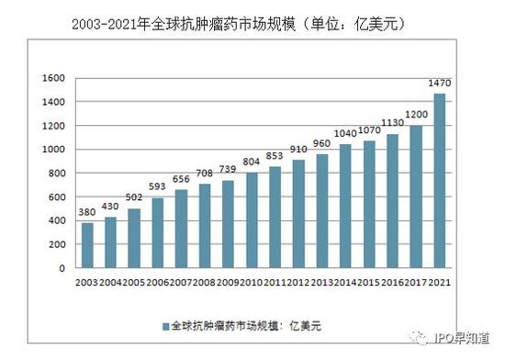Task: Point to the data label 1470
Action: pos(439,84)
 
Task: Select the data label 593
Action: pos(158,188)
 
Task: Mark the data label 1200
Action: pos(415,116)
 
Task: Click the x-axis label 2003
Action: pos(87,283)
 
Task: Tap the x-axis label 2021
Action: pos(439,283)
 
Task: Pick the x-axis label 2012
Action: pos(298,283)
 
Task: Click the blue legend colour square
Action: pos(164,325)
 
